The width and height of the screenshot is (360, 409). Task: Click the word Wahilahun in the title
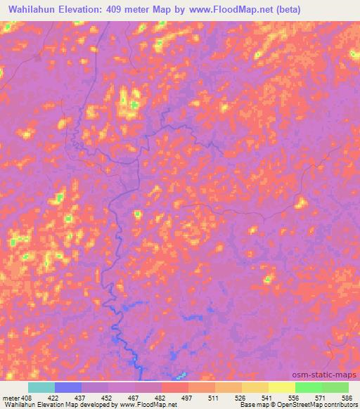34,8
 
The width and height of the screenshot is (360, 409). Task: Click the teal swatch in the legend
41,387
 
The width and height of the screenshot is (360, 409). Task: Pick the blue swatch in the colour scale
68,387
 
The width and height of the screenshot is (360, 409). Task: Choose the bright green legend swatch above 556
309,387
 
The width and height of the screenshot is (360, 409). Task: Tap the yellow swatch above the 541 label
255,387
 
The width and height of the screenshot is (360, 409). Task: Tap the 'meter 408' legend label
16,397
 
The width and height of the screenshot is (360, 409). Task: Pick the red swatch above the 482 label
175,387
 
